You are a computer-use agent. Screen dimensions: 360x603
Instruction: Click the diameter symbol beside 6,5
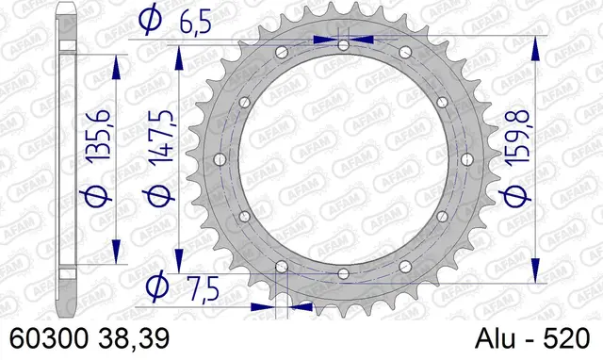147,17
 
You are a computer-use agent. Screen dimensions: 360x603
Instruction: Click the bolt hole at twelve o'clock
343,45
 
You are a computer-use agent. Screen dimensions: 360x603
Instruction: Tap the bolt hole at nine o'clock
220,159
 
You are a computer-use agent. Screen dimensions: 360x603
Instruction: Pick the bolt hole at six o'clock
343,274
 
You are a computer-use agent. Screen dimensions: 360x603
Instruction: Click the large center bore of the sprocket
343,159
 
